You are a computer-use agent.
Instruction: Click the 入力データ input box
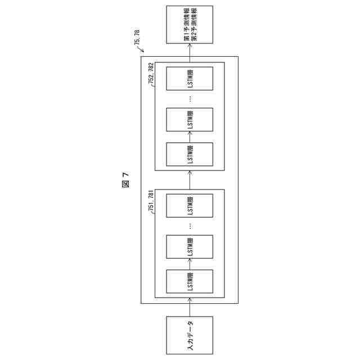click(x=190, y=335)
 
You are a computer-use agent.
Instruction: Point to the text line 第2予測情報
click(x=194, y=25)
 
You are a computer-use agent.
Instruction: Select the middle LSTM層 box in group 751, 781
click(x=190, y=246)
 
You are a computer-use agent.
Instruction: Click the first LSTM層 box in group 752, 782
click(x=190, y=154)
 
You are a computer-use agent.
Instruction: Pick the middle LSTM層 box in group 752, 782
click(x=190, y=120)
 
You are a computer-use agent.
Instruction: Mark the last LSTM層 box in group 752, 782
click(x=190, y=78)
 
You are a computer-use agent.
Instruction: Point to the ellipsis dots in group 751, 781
click(x=190, y=225)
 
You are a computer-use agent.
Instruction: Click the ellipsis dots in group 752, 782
click(x=190, y=98)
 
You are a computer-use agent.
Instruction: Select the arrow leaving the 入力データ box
click(x=190, y=309)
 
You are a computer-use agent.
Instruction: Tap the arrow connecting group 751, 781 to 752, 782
click(x=190, y=180)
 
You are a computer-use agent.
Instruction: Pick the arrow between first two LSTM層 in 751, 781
click(x=190, y=263)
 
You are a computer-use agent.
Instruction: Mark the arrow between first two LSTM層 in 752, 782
click(x=190, y=137)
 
